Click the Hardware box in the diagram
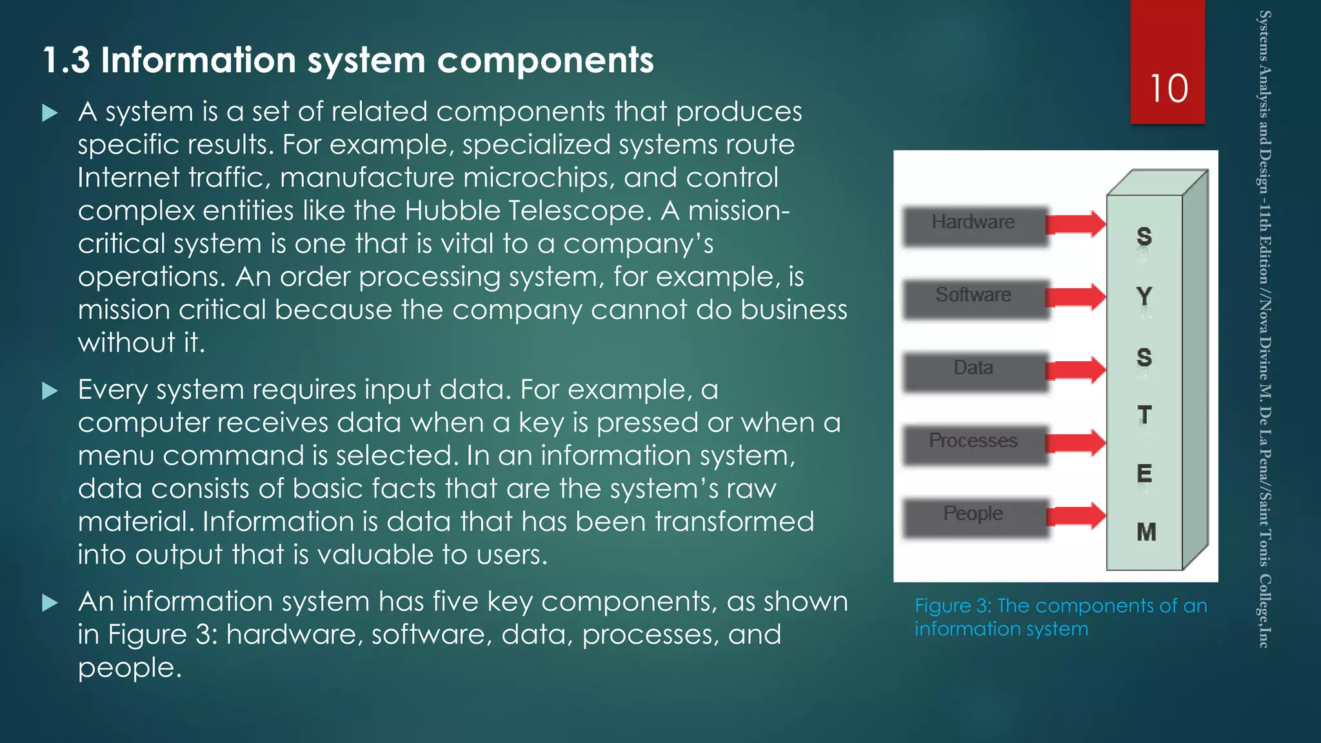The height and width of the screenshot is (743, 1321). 973,224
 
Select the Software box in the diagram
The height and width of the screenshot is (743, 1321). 973,297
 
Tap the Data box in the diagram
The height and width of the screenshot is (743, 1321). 973,370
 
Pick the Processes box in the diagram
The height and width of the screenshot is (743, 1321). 973,443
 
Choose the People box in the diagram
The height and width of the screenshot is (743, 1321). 973,516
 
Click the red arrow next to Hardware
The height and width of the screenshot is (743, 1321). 1075,224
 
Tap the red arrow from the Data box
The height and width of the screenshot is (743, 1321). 1075,370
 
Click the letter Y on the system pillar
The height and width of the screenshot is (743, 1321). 1144,297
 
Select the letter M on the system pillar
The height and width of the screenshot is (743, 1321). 1146,532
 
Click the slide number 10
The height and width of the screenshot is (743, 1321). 1168,88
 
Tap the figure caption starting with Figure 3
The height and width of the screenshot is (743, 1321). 1060,617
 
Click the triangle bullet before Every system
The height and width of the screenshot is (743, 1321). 50,391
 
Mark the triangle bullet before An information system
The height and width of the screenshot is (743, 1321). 50,603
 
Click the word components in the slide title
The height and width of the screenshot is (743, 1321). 545,61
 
